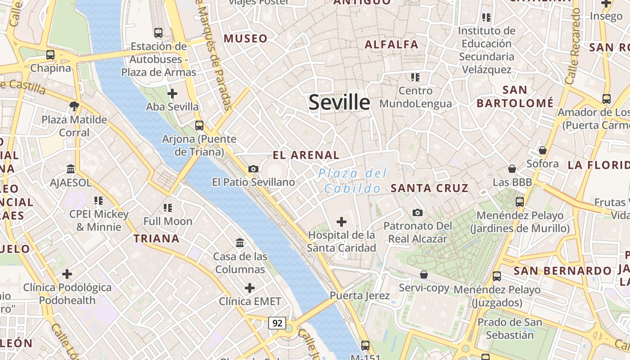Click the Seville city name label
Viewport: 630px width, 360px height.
[339, 103]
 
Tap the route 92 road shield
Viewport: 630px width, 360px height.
[277, 323]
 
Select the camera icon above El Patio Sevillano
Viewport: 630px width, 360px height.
[253, 169]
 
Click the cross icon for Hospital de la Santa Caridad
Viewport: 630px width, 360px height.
[342, 221]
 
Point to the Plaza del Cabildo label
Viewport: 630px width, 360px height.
[352, 180]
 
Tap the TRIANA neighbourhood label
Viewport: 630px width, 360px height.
[156, 238]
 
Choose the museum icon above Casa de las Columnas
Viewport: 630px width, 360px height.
[240, 243]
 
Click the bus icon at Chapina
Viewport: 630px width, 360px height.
[50, 55]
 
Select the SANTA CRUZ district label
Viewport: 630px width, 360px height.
[430, 188]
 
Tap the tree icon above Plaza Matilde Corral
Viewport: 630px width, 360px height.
[74, 106]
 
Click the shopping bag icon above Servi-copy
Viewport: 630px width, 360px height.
[423, 274]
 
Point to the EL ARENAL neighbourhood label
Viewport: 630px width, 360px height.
[306, 155]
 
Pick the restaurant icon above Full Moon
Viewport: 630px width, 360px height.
[168, 207]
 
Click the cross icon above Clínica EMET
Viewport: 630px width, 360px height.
[250, 288]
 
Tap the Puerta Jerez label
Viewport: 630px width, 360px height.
[360, 296]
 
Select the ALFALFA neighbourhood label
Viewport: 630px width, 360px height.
[391, 45]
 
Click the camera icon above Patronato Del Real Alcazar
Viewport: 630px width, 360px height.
[417, 212]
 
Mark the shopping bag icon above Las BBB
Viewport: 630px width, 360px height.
[512, 169]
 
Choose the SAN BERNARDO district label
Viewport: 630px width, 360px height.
[562, 271]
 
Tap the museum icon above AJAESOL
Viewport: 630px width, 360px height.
[71, 169]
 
